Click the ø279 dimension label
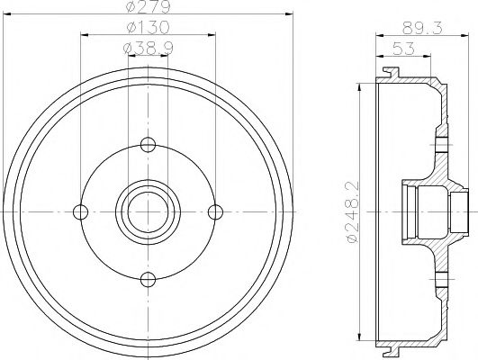[x=148, y=9]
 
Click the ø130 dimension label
[x=148, y=29]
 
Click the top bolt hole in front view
[x=149, y=145]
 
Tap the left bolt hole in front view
[x=82, y=211]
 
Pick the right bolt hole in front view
[x=215, y=211]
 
